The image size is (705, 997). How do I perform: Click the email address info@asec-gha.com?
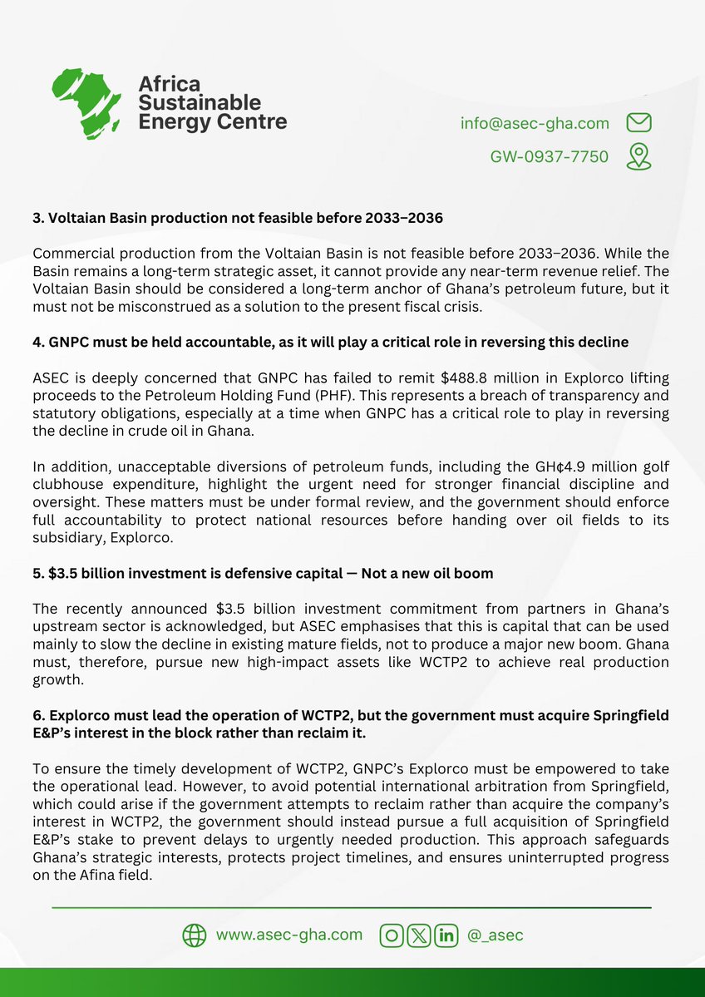coord(535,123)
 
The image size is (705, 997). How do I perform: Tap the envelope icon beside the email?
coord(638,123)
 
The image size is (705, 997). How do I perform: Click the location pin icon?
coord(638,156)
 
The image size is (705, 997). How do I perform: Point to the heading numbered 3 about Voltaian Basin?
coord(237,219)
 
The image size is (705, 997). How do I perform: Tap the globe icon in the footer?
coord(194,935)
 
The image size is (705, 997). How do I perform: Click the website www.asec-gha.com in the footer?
coord(289,935)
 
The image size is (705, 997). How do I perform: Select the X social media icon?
coord(419,935)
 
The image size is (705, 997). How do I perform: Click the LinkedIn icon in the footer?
coord(446,935)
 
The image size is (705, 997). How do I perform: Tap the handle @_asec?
coord(495,935)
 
